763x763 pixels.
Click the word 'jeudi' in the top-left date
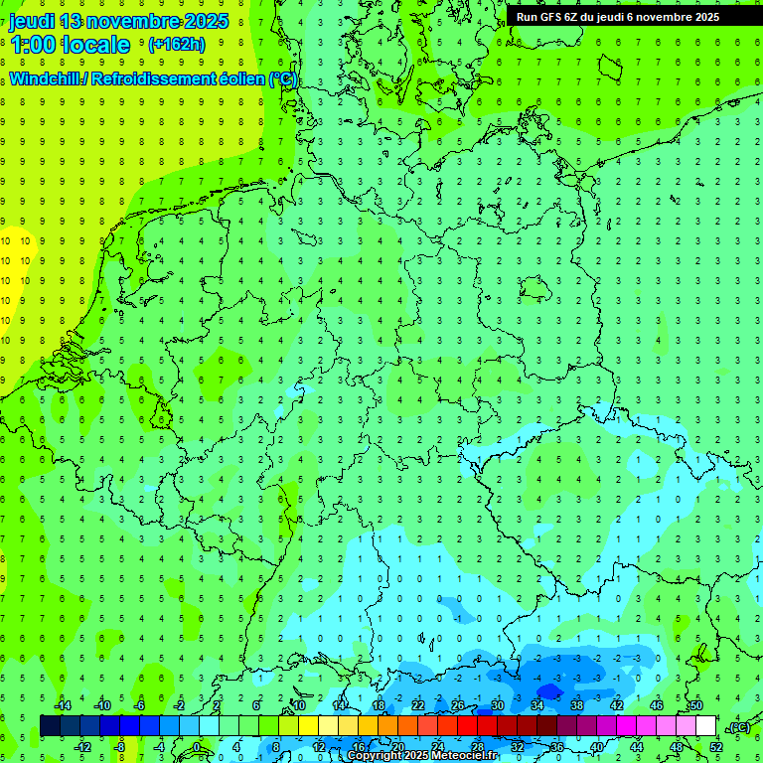tap(32, 21)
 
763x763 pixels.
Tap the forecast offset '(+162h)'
tap(176, 44)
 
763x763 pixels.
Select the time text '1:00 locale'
tap(71, 45)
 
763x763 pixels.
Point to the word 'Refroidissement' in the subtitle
tap(158, 78)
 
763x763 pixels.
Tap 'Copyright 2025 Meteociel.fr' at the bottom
tap(422, 756)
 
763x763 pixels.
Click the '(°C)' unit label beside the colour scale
tap(739, 727)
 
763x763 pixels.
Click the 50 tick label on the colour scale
tap(695, 705)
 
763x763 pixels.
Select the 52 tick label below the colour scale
tap(716, 746)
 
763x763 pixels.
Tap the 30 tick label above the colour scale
tap(497, 705)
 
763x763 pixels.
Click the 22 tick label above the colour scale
tap(417, 705)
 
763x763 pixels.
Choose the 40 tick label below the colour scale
tap(596, 746)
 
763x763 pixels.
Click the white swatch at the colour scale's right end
tap(705, 725)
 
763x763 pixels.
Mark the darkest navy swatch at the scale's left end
tap(50, 725)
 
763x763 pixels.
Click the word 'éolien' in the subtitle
tap(242, 78)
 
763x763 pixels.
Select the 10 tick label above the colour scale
tap(298, 705)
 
